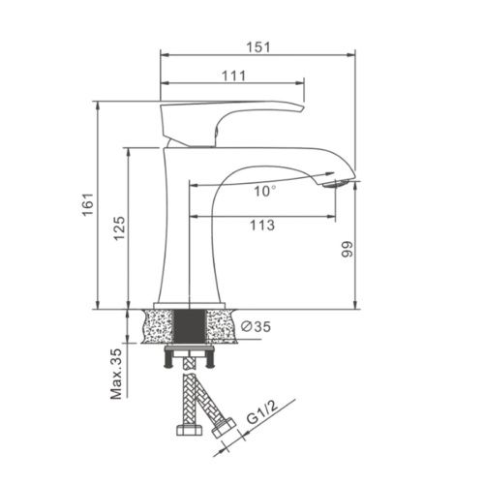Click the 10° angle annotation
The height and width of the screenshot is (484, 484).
[x=265, y=191]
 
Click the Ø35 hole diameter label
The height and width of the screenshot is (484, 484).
[x=256, y=327]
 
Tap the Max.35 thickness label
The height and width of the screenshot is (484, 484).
[x=115, y=372]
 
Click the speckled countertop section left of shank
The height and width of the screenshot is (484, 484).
[x=159, y=325]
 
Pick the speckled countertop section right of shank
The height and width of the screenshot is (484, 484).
[x=224, y=325]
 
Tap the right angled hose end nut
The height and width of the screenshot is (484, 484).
[x=227, y=425]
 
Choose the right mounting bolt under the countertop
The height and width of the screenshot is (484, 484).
[x=212, y=359]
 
